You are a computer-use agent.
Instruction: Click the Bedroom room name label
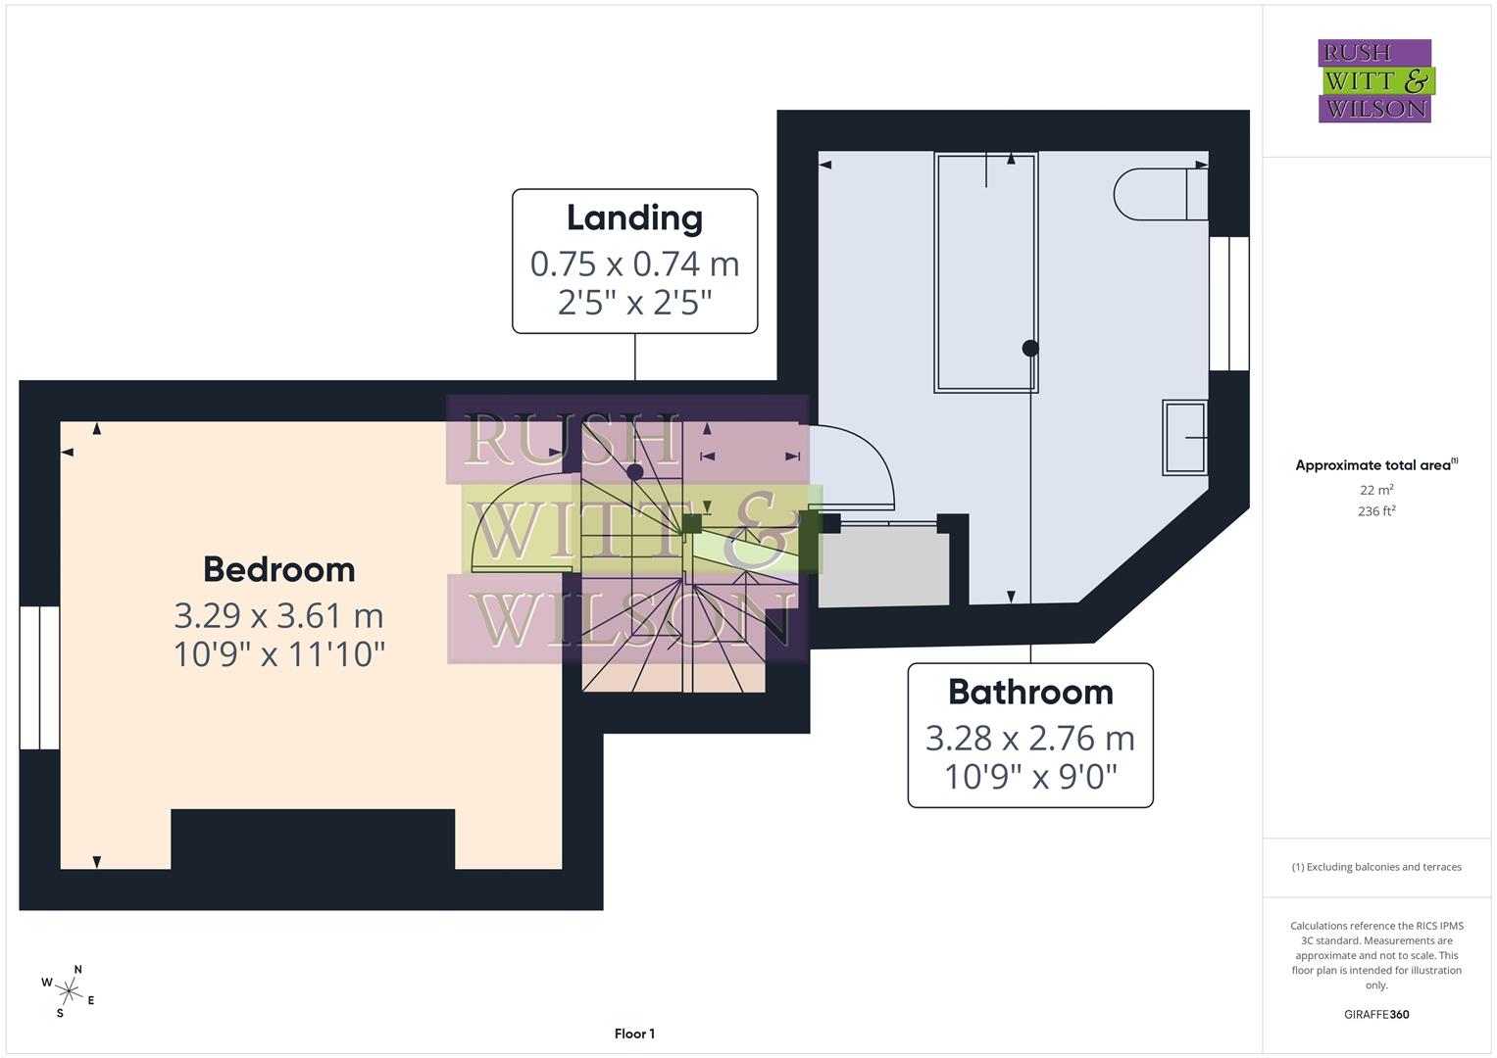(278, 569)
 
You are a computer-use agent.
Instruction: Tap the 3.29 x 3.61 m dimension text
(278, 615)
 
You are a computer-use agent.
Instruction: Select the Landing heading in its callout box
(634, 217)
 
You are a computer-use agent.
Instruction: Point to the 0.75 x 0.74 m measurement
(634, 264)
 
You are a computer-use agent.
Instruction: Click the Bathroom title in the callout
(1030, 692)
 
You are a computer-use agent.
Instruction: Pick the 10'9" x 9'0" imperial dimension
(1030, 777)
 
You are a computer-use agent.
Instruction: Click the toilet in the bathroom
(1157, 194)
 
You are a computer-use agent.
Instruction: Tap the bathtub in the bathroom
(985, 272)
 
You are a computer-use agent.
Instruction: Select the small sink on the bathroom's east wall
(1184, 438)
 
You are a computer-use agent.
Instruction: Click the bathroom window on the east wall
(1228, 304)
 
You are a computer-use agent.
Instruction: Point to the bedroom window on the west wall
(39, 677)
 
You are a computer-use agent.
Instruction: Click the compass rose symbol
(69, 991)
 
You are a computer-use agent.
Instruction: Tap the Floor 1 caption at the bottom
(634, 1034)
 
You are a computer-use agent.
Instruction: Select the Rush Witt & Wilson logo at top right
(1374, 80)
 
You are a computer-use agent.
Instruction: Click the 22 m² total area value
(1376, 490)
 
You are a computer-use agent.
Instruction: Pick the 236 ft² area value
(1376, 511)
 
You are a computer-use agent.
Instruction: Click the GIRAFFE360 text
(1376, 1015)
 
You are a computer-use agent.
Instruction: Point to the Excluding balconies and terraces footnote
(1376, 867)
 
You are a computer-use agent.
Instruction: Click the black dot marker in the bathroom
(1030, 348)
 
